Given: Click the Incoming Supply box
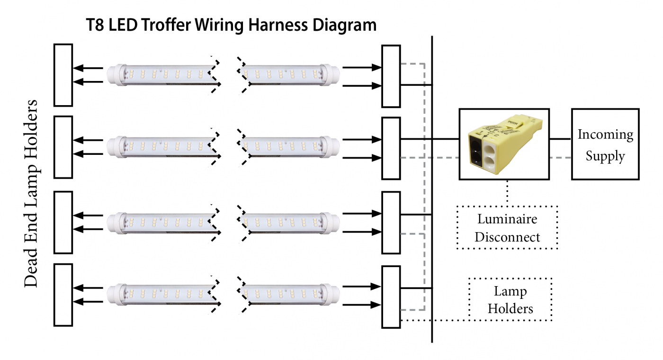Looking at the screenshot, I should [605, 144].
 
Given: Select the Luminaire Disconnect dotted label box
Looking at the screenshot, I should [507, 228].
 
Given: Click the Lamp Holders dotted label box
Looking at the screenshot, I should [510, 299].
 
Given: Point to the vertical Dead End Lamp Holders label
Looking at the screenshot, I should [31, 193].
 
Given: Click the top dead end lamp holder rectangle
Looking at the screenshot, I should [63, 75].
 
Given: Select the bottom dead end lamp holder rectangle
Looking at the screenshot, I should [63, 295].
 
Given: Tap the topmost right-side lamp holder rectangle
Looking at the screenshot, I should [391, 76].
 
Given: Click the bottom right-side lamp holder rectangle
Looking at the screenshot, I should [391, 297].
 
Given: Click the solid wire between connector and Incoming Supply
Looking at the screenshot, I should [560, 139].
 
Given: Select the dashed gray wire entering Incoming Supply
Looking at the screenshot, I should [560, 157].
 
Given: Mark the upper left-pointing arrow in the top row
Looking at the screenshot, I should [88, 68].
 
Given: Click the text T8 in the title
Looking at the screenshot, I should [95, 25].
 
